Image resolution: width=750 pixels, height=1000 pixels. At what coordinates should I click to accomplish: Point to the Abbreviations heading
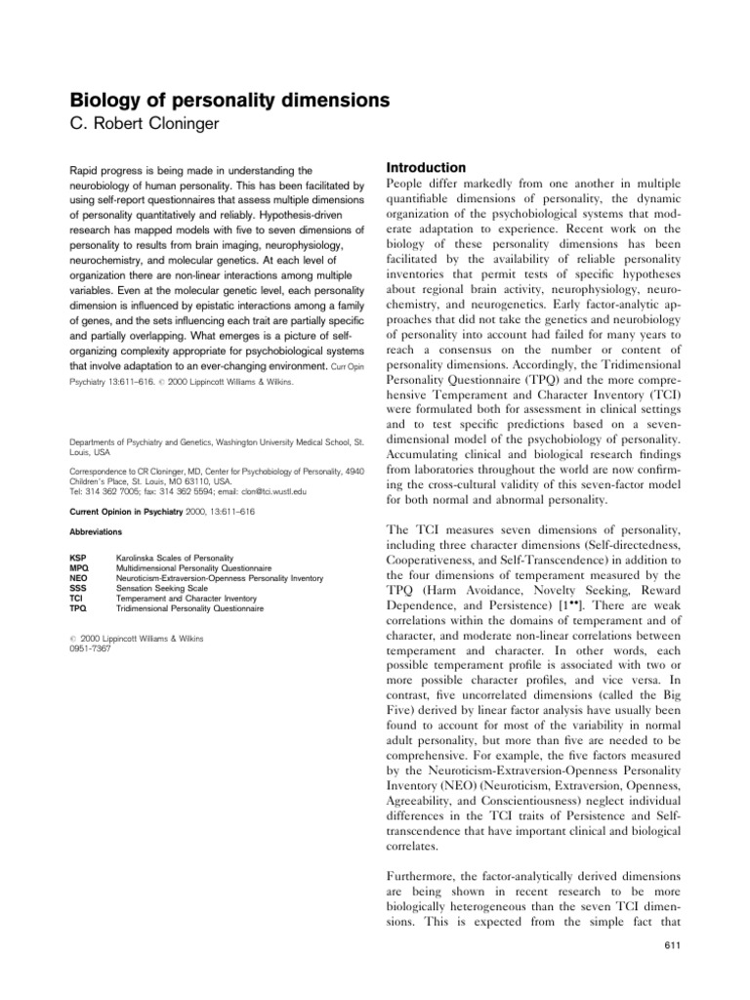point(96,531)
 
